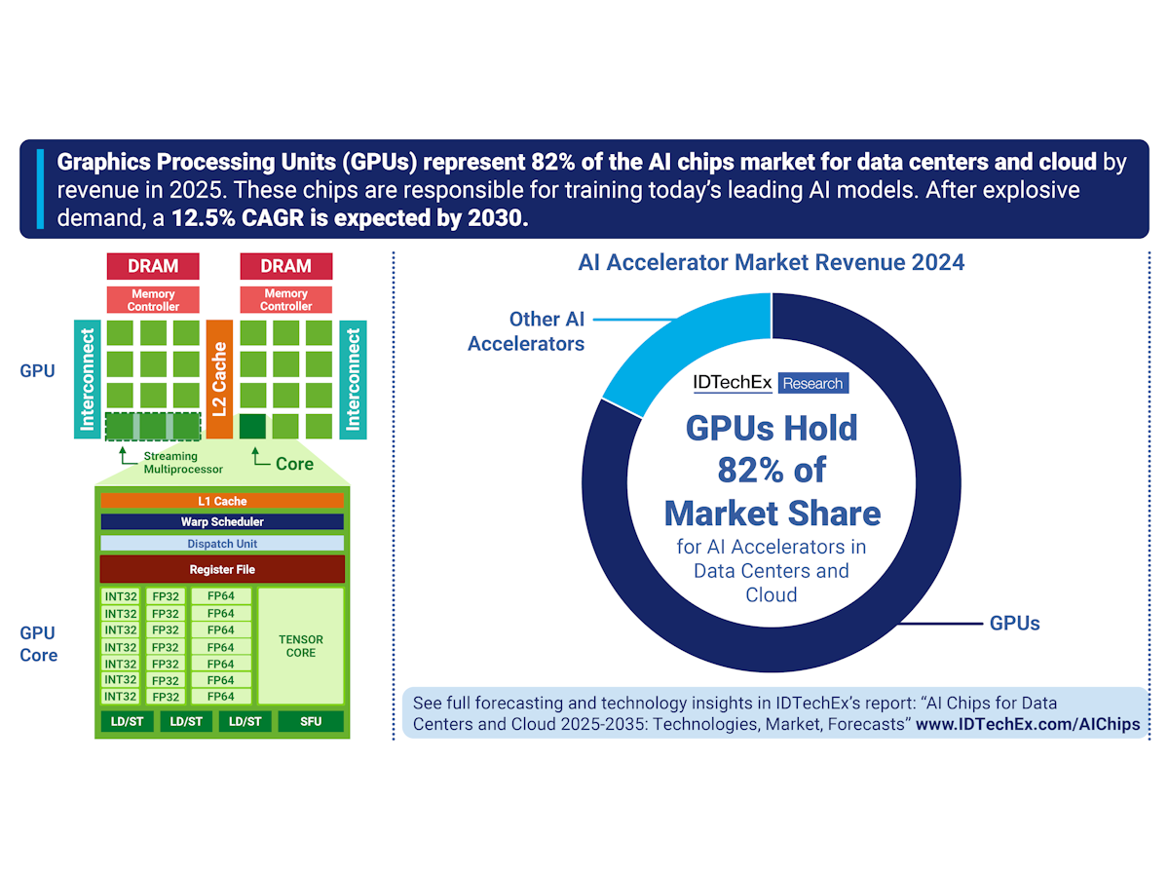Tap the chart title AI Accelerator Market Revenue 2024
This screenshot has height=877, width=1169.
(x=772, y=262)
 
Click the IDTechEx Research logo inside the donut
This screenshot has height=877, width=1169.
(x=770, y=383)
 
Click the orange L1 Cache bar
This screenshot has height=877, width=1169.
(x=222, y=501)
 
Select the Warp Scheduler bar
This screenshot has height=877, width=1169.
(x=222, y=522)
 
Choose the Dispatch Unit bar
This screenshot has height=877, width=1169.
(x=222, y=544)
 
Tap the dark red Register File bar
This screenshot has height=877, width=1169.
(x=222, y=569)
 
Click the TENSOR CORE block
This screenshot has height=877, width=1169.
(x=301, y=646)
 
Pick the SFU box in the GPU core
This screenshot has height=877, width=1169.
(x=311, y=722)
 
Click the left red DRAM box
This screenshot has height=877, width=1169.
(x=153, y=266)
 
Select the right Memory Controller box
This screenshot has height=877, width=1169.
(x=285, y=300)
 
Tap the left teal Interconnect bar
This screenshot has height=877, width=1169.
(x=88, y=379)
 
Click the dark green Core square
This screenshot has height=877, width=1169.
(x=252, y=426)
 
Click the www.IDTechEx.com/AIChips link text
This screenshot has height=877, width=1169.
(x=1027, y=724)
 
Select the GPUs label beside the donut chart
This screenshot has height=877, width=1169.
(x=1014, y=623)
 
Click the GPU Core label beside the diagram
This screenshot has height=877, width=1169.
(x=39, y=643)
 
